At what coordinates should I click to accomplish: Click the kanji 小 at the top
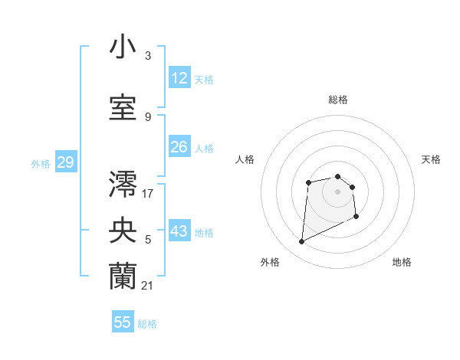tap(123, 47)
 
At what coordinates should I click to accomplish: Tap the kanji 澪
tap(123, 183)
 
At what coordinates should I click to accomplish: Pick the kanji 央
tap(123, 231)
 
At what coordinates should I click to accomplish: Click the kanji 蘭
tap(123, 277)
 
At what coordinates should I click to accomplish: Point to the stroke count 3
tap(147, 56)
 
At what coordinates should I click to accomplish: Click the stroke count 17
tap(147, 192)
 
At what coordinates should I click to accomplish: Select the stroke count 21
tap(147, 285)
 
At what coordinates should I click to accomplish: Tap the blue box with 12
tap(179, 78)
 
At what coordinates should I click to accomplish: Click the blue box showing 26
tap(179, 146)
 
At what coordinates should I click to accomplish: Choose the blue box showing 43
tap(179, 231)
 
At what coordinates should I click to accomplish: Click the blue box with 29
tap(65, 162)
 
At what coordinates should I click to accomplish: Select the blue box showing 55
tap(123, 322)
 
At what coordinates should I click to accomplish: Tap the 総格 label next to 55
tap(147, 324)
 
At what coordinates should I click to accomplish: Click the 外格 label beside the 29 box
tap(41, 163)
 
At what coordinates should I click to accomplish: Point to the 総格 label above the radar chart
tap(337, 100)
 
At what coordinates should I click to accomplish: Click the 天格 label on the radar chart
tap(431, 159)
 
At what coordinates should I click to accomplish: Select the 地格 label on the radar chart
tap(402, 262)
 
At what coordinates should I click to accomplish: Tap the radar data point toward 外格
tap(301, 242)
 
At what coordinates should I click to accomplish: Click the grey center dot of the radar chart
tap(337, 191)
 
